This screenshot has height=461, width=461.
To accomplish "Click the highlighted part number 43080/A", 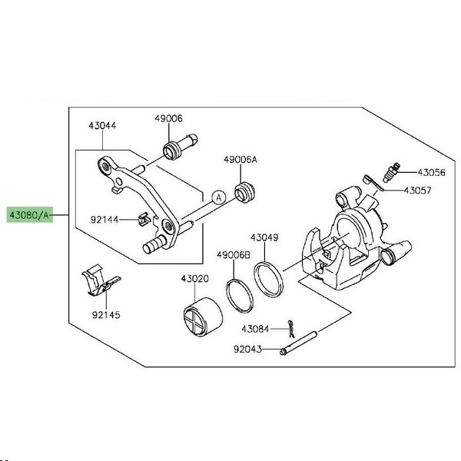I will point(29,215).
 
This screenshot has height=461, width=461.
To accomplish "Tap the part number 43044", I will point(101,126).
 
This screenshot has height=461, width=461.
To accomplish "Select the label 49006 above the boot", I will point(168,119).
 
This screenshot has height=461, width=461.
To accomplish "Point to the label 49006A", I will point(240,160).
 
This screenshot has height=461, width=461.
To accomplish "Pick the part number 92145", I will point(106,313).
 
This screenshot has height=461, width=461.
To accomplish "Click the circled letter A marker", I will point(219,197).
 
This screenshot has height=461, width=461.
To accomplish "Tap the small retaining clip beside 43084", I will point(291,328).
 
